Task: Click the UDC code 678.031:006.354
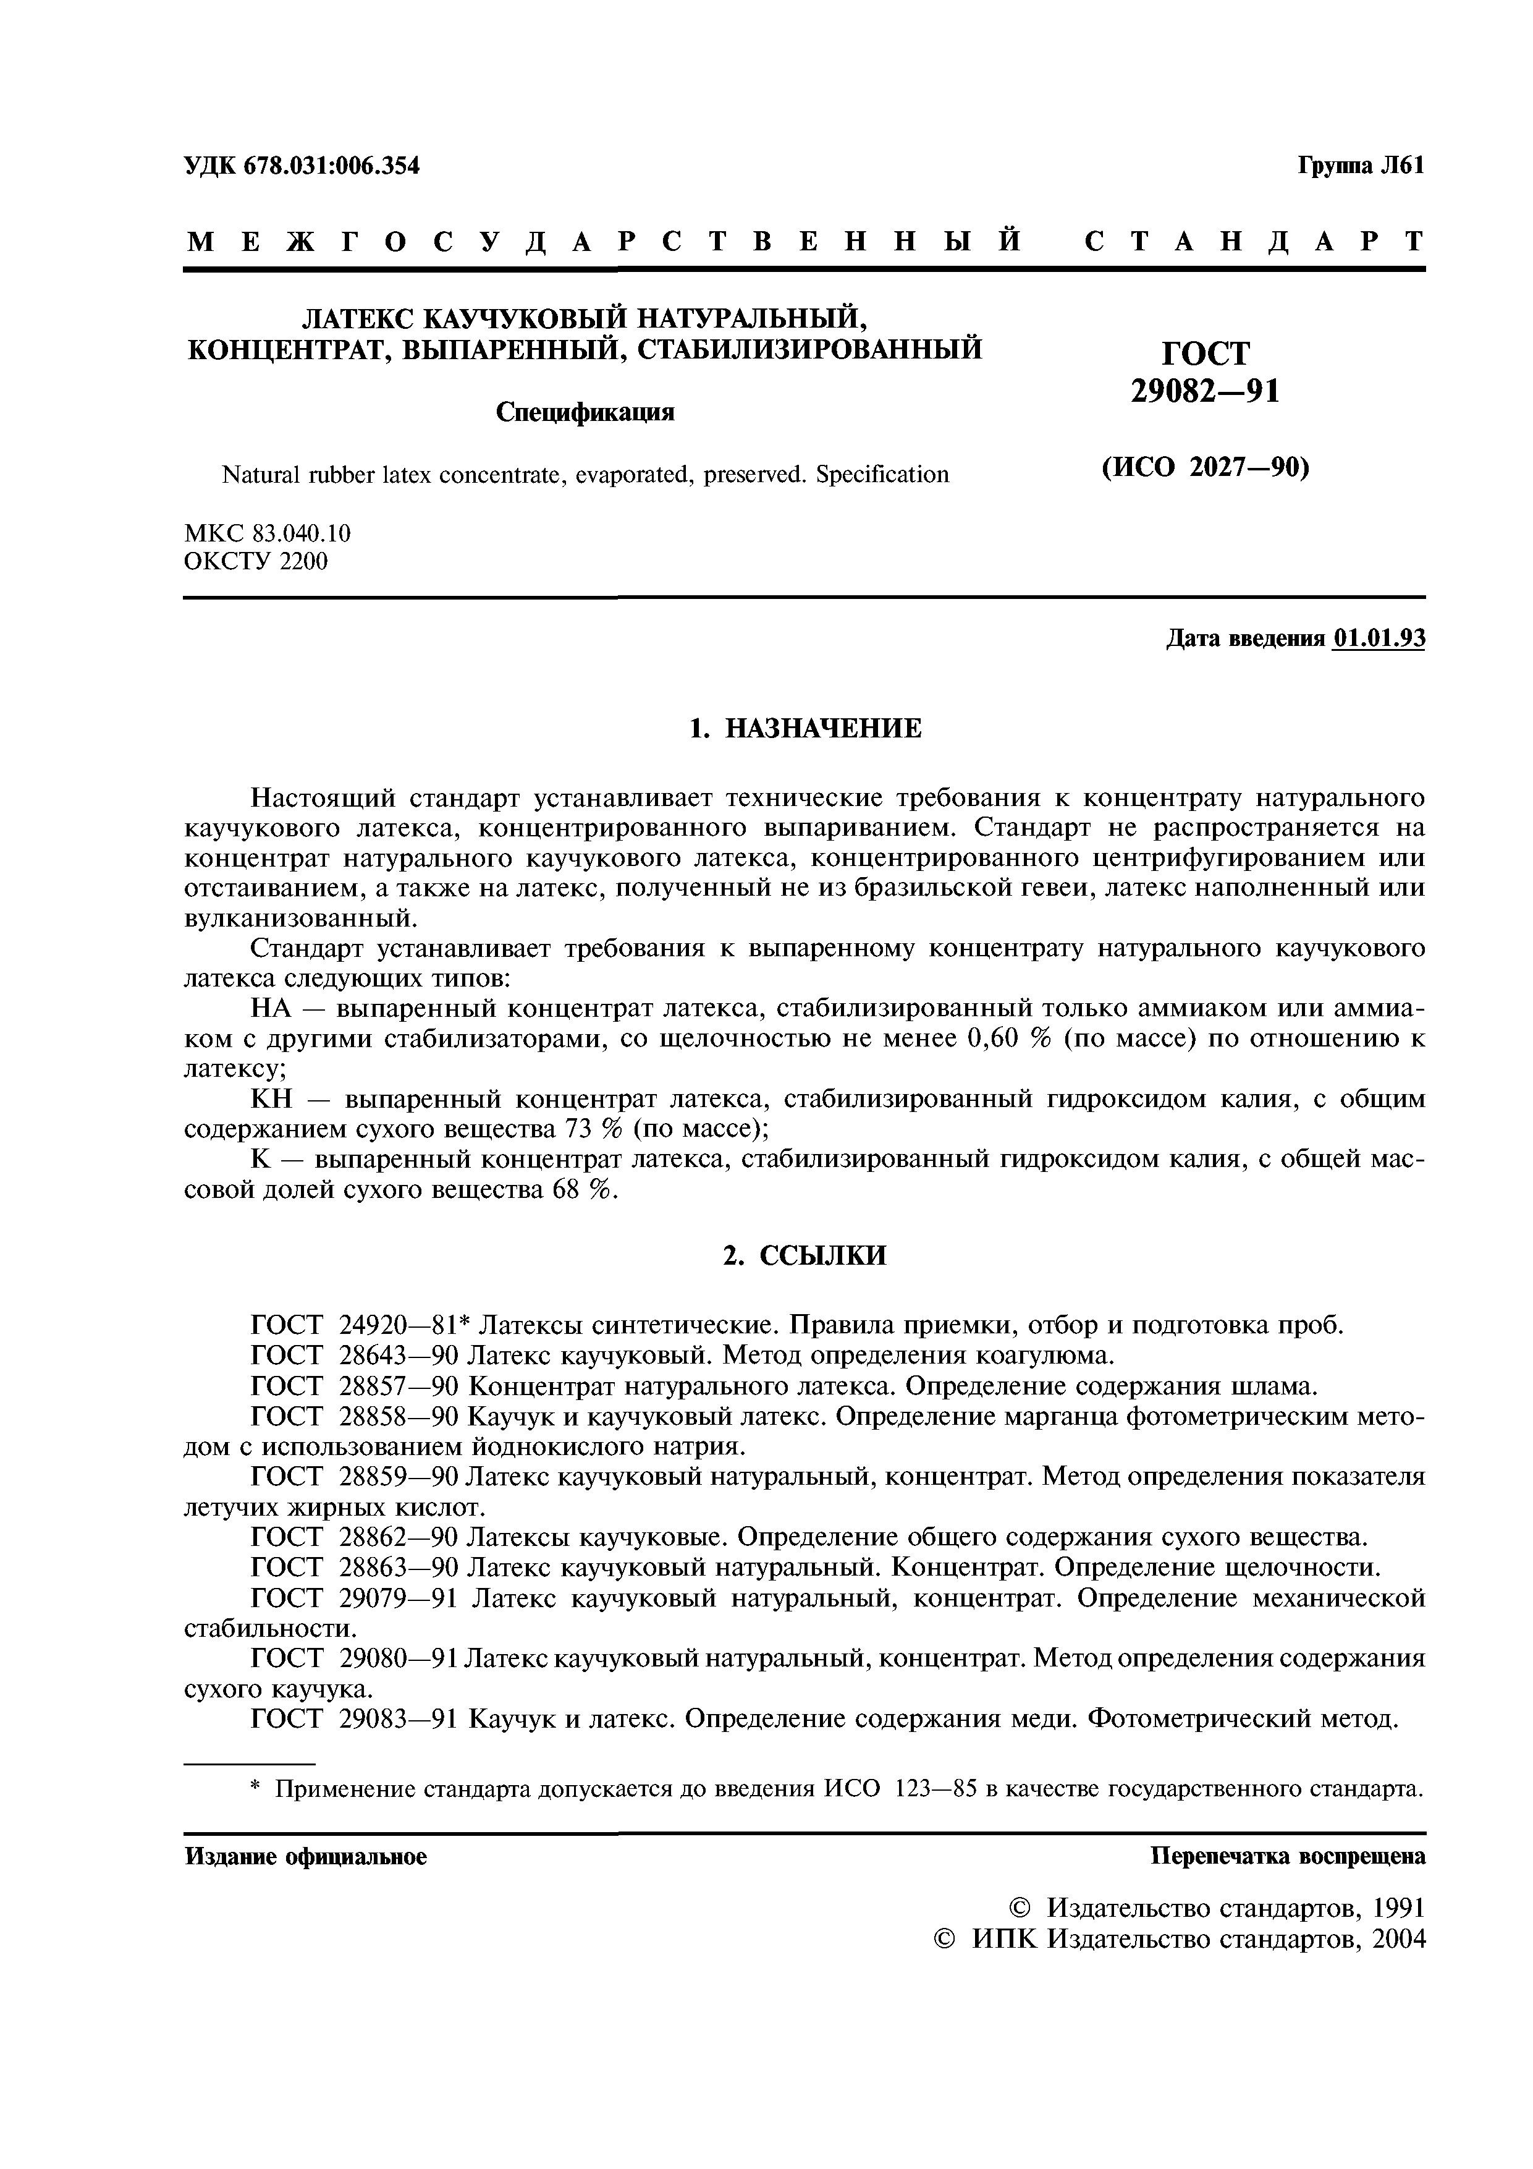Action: point(331,166)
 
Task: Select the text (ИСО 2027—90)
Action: point(1206,469)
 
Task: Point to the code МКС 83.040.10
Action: point(268,533)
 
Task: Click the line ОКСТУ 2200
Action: point(255,562)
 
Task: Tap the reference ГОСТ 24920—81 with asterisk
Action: point(357,1325)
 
